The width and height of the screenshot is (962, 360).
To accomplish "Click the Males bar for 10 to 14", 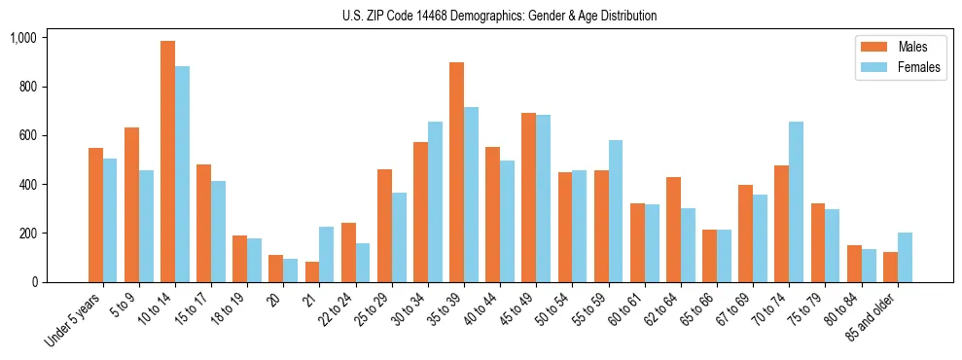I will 167,162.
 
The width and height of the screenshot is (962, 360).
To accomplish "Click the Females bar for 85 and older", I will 905,257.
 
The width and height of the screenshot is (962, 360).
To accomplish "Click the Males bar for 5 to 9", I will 131,204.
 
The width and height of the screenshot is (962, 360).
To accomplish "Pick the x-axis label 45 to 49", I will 516,309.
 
